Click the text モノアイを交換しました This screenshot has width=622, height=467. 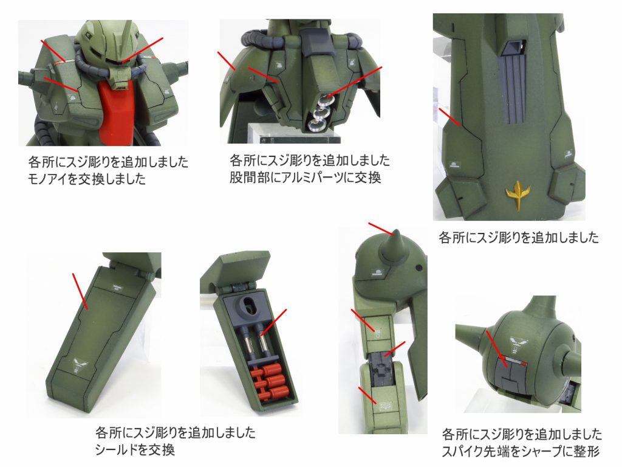tap(87, 179)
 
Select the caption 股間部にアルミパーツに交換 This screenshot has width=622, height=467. tap(306, 177)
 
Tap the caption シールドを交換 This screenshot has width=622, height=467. tap(135, 449)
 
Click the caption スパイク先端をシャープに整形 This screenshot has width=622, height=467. tap(521, 451)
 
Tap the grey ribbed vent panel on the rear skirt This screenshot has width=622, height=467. tap(514, 88)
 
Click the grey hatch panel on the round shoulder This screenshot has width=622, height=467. tap(511, 374)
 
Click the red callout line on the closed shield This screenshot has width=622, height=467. tap(80, 291)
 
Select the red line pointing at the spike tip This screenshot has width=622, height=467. tap(381, 229)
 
